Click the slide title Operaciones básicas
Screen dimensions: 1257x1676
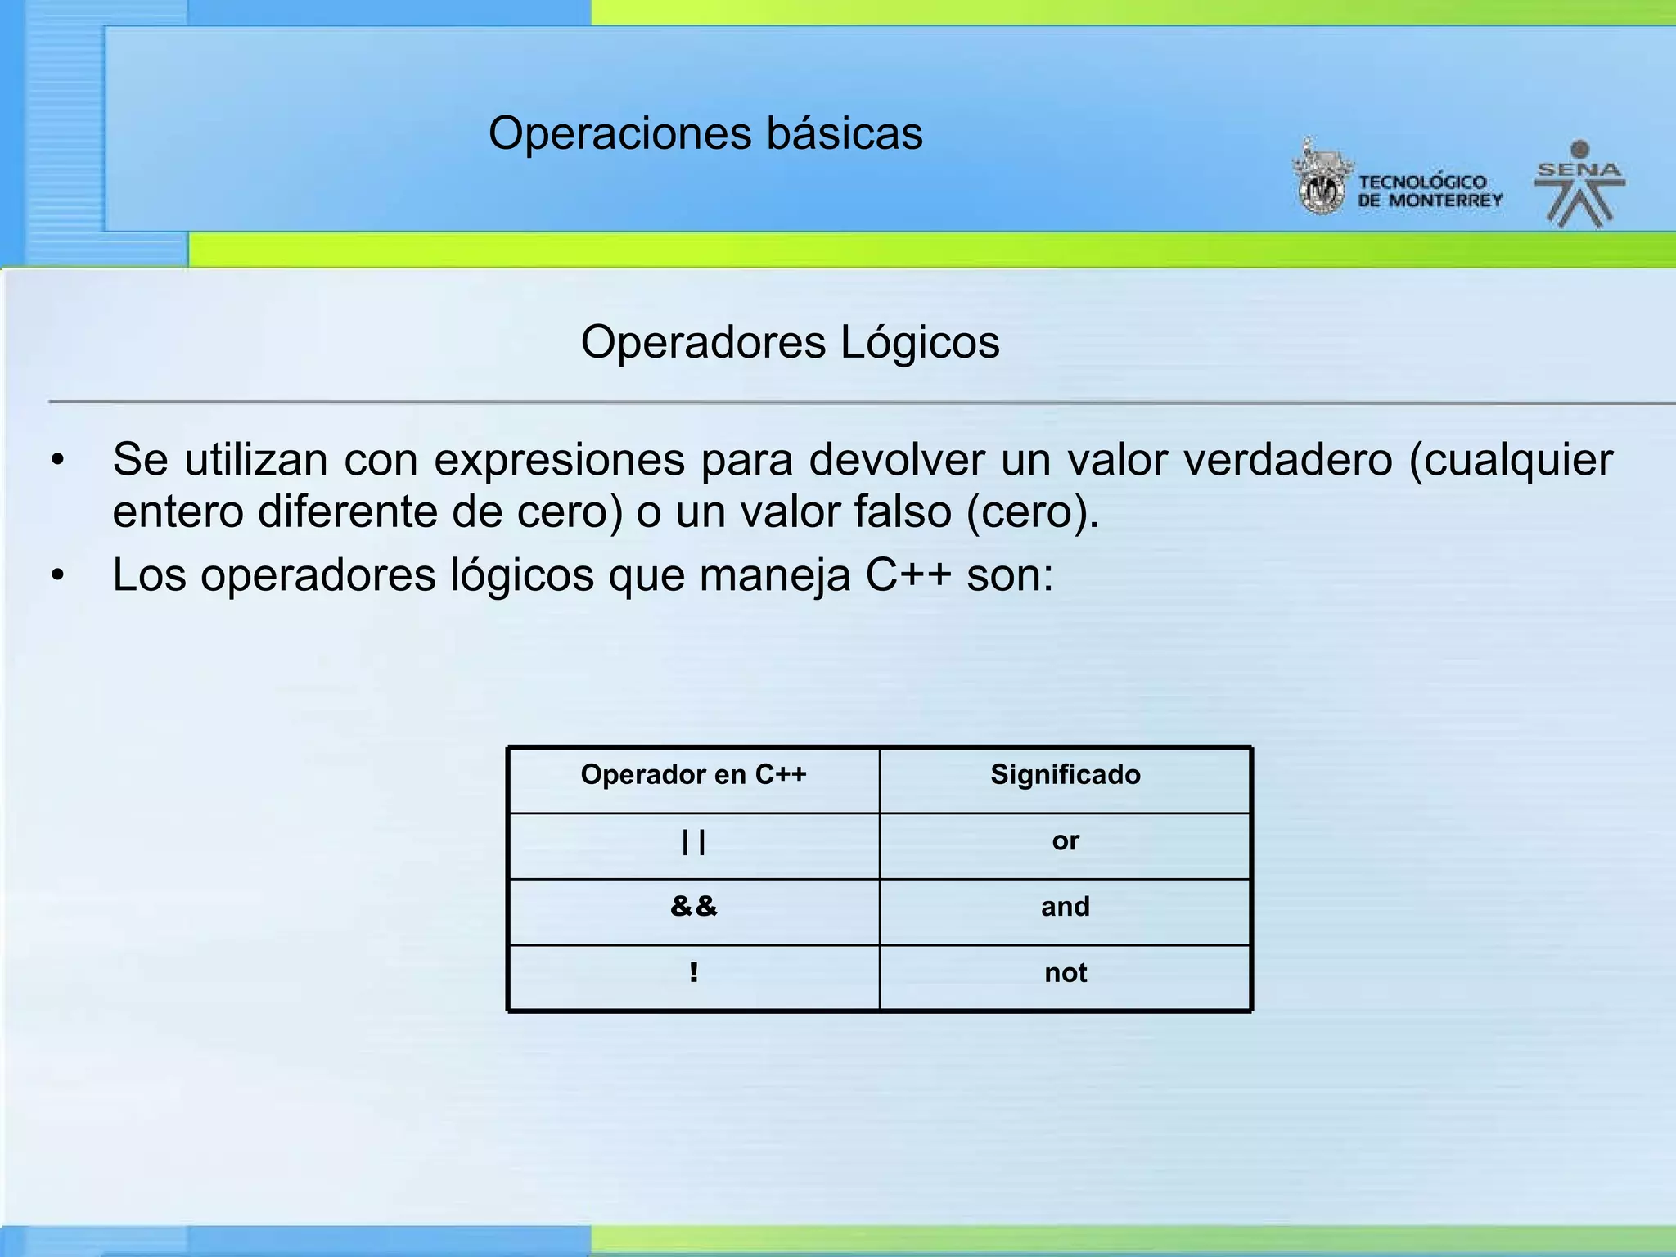coord(705,133)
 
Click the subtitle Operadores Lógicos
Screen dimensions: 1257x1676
coord(790,342)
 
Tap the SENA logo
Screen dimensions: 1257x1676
coord(1579,185)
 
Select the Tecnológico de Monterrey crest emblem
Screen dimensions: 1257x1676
coord(1321,179)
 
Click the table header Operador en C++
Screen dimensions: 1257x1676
coord(693,774)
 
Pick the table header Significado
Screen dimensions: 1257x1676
coord(1065,774)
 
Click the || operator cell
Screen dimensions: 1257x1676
coord(693,842)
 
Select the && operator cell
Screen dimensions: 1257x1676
coord(693,907)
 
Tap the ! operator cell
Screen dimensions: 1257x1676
coord(693,973)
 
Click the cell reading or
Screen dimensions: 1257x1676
coord(1065,840)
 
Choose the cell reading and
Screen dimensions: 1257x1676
coord(1065,907)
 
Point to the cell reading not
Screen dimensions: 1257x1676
coord(1065,973)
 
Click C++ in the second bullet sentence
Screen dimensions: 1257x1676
coord(908,575)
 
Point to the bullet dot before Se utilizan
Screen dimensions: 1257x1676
coord(56,461)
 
